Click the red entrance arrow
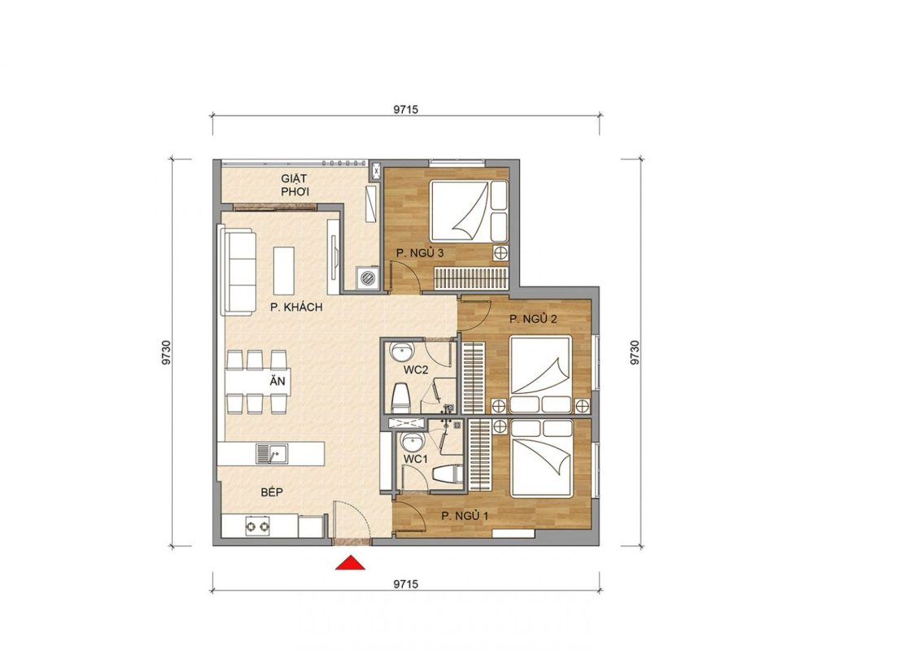pyautogui.click(x=350, y=563)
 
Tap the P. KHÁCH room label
pyautogui.click(x=296, y=307)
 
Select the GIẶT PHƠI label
pyautogui.click(x=295, y=185)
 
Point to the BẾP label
pyautogui.click(x=272, y=492)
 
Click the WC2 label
pyautogui.click(x=415, y=370)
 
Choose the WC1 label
pyautogui.click(x=415, y=459)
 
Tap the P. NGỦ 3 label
pyautogui.click(x=419, y=253)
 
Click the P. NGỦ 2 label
pyautogui.click(x=533, y=319)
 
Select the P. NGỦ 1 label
pyautogui.click(x=465, y=517)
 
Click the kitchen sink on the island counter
pyautogui.click(x=272, y=453)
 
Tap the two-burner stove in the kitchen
pyautogui.click(x=257, y=526)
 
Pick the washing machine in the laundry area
pyautogui.click(x=369, y=277)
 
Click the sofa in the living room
pyautogui.click(x=238, y=269)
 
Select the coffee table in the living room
pyautogui.click(x=283, y=270)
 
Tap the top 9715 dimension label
pyautogui.click(x=406, y=109)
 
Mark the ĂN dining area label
pyautogui.click(x=277, y=381)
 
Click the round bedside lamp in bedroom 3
pyautogui.click(x=500, y=253)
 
